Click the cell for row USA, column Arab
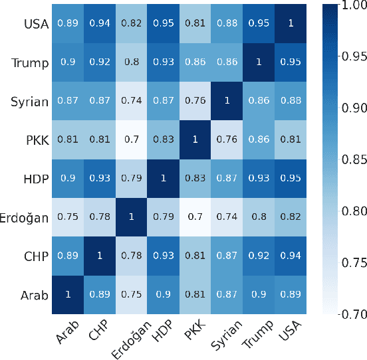point(67,23)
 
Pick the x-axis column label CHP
point(98,331)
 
